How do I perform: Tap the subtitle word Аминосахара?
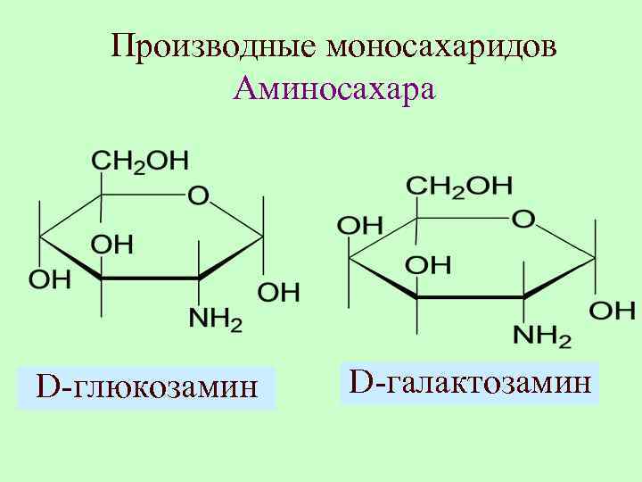click(334, 89)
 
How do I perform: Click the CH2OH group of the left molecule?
click(140, 161)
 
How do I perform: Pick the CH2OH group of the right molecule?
click(459, 186)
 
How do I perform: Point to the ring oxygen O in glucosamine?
click(198, 195)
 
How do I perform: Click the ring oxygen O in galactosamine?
click(523, 219)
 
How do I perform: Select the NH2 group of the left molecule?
click(216, 320)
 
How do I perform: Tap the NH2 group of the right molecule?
click(542, 336)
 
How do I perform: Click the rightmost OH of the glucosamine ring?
click(278, 291)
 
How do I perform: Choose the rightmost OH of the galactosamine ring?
click(613, 311)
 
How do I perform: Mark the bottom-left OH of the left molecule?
click(50, 278)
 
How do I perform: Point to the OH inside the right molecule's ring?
click(428, 265)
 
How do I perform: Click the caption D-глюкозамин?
click(146, 387)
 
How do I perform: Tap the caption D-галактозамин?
click(470, 383)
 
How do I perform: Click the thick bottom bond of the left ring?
click(149, 279)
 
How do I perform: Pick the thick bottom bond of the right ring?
click(470, 296)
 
